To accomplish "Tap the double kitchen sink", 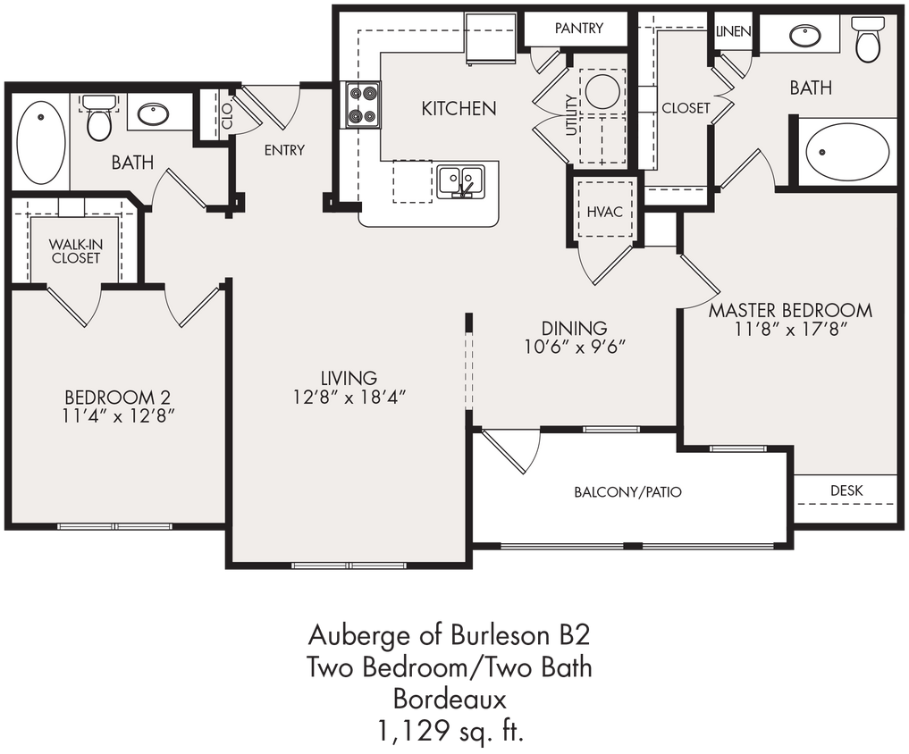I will coord(460,181).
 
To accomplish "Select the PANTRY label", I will coord(578,29).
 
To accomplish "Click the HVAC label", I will coord(605,212).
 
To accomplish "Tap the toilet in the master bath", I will coord(868,39).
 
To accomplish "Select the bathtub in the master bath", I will coord(846,152).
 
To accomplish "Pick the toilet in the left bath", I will coord(99,119).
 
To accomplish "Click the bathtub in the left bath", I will coord(41,143).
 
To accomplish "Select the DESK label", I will coord(846,490).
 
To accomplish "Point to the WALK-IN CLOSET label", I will coord(74,251).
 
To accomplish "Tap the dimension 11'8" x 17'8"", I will coord(790,329).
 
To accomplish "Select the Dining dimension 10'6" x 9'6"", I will coord(574,347).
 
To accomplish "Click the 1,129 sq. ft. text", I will coord(449,733).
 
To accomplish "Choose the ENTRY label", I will coord(284,150).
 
